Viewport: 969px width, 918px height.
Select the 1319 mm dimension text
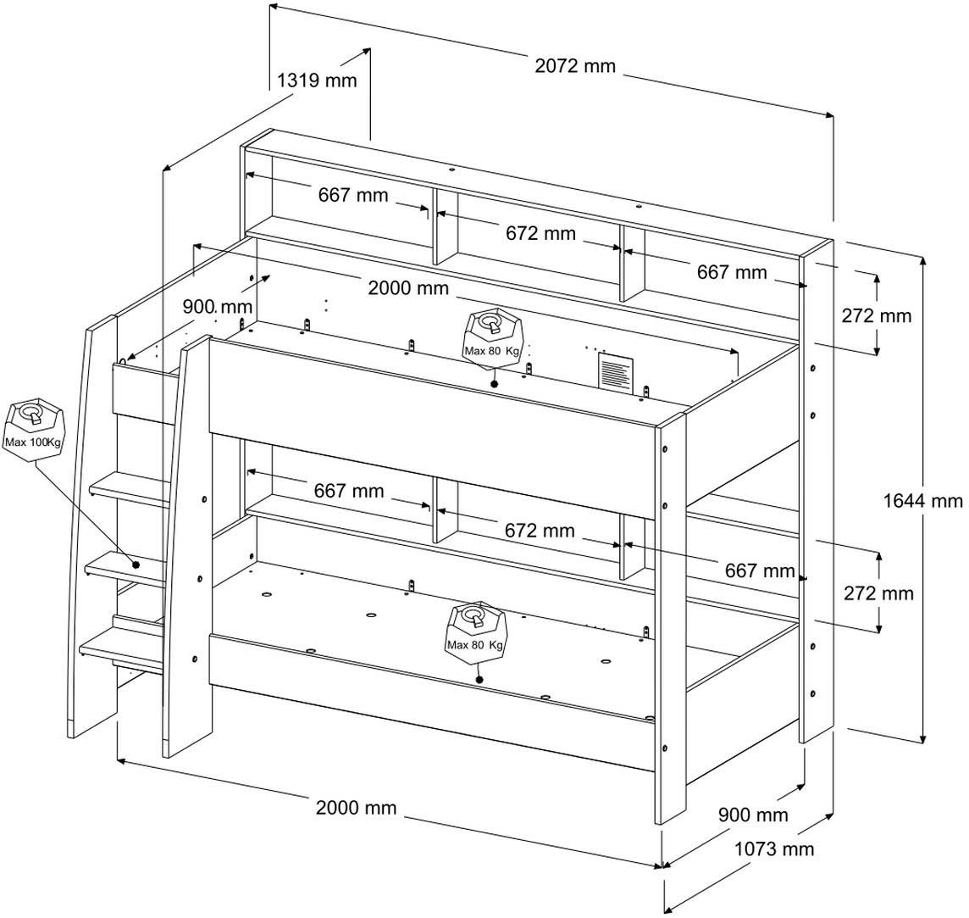(x=318, y=81)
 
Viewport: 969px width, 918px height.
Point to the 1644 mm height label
(x=922, y=501)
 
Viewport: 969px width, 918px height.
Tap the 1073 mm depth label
(x=773, y=848)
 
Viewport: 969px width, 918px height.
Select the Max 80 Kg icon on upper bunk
(x=492, y=337)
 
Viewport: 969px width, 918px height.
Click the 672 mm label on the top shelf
(x=540, y=233)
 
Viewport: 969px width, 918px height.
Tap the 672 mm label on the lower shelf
(x=540, y=531)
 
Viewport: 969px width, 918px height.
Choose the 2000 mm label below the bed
(x=356, y=808)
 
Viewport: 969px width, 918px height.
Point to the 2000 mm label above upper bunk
(x=408, y=288)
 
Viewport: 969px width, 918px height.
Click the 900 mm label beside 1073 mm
(x=753, y=815)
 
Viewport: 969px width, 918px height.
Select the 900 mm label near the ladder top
(x=218, y=306)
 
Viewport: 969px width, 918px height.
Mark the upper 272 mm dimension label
(x=877, y=316)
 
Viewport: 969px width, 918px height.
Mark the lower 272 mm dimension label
(x=878, y=593)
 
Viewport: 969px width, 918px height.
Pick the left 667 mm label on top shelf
(x=353, y=196)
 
